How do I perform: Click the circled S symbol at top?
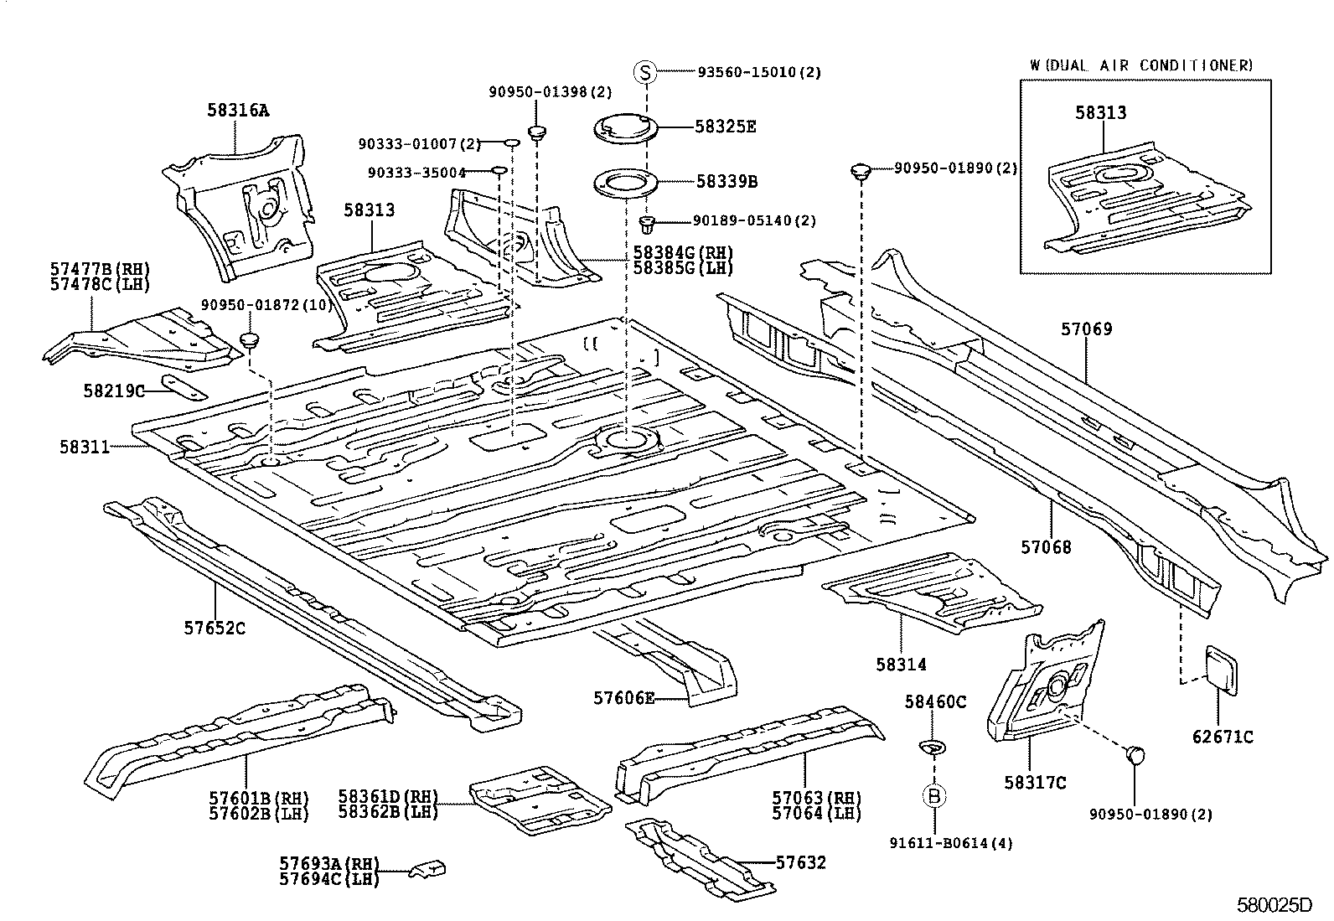tap(645, 72)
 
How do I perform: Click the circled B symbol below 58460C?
tap(934, 796)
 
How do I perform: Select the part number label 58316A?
tap(239, 110)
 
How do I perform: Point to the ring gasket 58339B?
tap(624, 181)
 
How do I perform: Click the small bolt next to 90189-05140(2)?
tap(647, 223)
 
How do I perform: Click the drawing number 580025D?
tap(1275, 905)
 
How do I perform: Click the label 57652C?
tap(215, 627)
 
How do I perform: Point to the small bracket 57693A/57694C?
tap(428, 870)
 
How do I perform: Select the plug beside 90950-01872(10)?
tap(250, 340)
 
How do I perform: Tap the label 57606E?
tap(623, 697)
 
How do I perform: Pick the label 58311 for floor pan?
tap(85, 448)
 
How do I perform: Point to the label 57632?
tap(800, 862)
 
